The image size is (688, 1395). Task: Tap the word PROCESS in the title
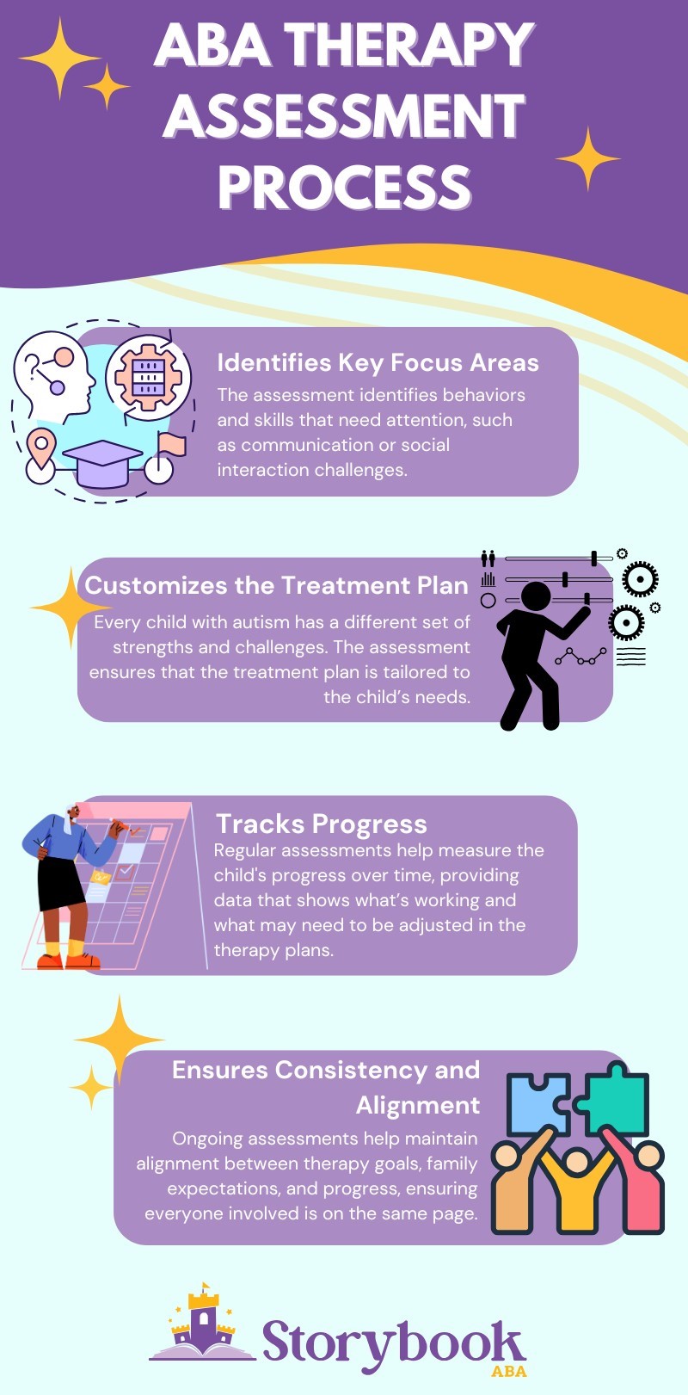click(x=344, y=187)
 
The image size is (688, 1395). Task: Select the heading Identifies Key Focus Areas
click(x=378, y=362)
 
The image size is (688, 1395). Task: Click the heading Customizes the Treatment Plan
click(x=276, y=585)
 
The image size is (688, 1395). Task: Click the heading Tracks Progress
click(x=321, y=824)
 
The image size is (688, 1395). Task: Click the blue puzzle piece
click(x=537, y=1103)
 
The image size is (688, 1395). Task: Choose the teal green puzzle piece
click(x=614, y=1099)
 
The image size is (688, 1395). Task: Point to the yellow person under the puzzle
click(x=577, y=1192)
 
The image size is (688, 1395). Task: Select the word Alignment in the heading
click(x=418, y=1105)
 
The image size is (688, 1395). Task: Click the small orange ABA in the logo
click(x=508, y=1371)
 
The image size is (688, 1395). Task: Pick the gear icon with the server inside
click(x=148, y=377)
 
